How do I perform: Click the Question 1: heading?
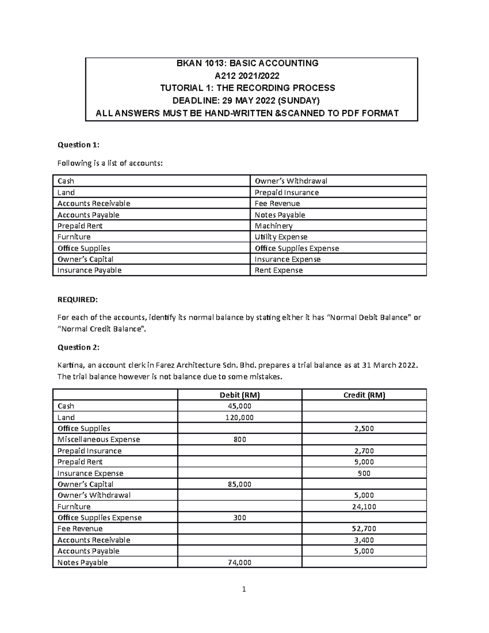coord(78,145)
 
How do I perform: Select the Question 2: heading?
coord(78,347)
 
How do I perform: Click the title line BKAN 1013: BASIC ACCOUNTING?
coord(247,63)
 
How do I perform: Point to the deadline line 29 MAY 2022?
coord(247,101)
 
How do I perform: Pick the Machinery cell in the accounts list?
coord(273,226)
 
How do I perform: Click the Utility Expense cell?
coord(281,237)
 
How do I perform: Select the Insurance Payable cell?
coord(89,270)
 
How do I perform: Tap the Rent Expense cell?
coord(278,270)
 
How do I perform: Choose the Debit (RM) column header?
coord(240,395)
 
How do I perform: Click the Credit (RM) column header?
coord(364,395)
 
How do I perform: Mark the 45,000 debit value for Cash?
coord(240,406)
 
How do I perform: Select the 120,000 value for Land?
coord(240,417)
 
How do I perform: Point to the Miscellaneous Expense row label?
coord(99,439)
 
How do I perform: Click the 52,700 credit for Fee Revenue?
coord(364,529)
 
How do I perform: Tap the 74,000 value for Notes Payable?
coord(240,562)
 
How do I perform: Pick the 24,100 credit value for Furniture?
coord(364,507)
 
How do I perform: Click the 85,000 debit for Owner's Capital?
coord(240,484)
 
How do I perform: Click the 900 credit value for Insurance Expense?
coord(364,473)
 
